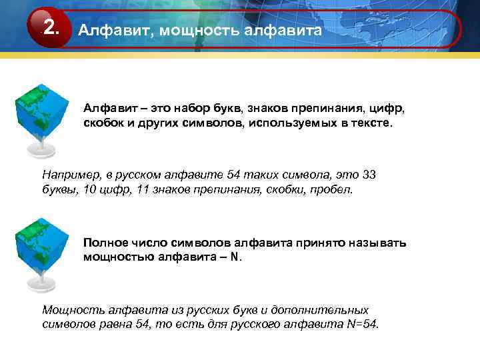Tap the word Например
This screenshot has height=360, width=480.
click(x=69, y=175)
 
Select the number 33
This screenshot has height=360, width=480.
click(x=368, y=175)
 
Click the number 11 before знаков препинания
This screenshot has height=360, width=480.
click(x=144, y=189)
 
